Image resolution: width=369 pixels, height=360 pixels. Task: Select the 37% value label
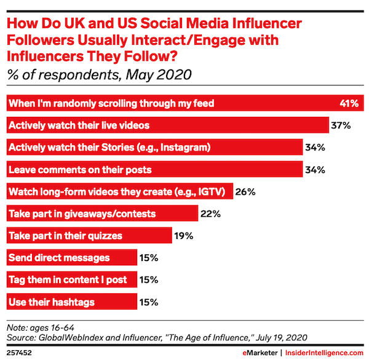340,125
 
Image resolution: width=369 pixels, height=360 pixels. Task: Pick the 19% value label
184,236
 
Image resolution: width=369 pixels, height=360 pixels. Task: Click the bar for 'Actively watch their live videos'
166,125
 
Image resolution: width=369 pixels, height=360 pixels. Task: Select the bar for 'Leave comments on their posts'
153,170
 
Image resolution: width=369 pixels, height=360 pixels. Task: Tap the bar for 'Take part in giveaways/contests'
101,214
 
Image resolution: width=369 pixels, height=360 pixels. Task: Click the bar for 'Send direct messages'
71,257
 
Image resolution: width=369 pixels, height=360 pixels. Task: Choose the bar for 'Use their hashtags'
71,302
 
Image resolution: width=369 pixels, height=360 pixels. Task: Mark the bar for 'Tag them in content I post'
71,280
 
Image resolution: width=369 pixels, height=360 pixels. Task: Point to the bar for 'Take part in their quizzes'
89,236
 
